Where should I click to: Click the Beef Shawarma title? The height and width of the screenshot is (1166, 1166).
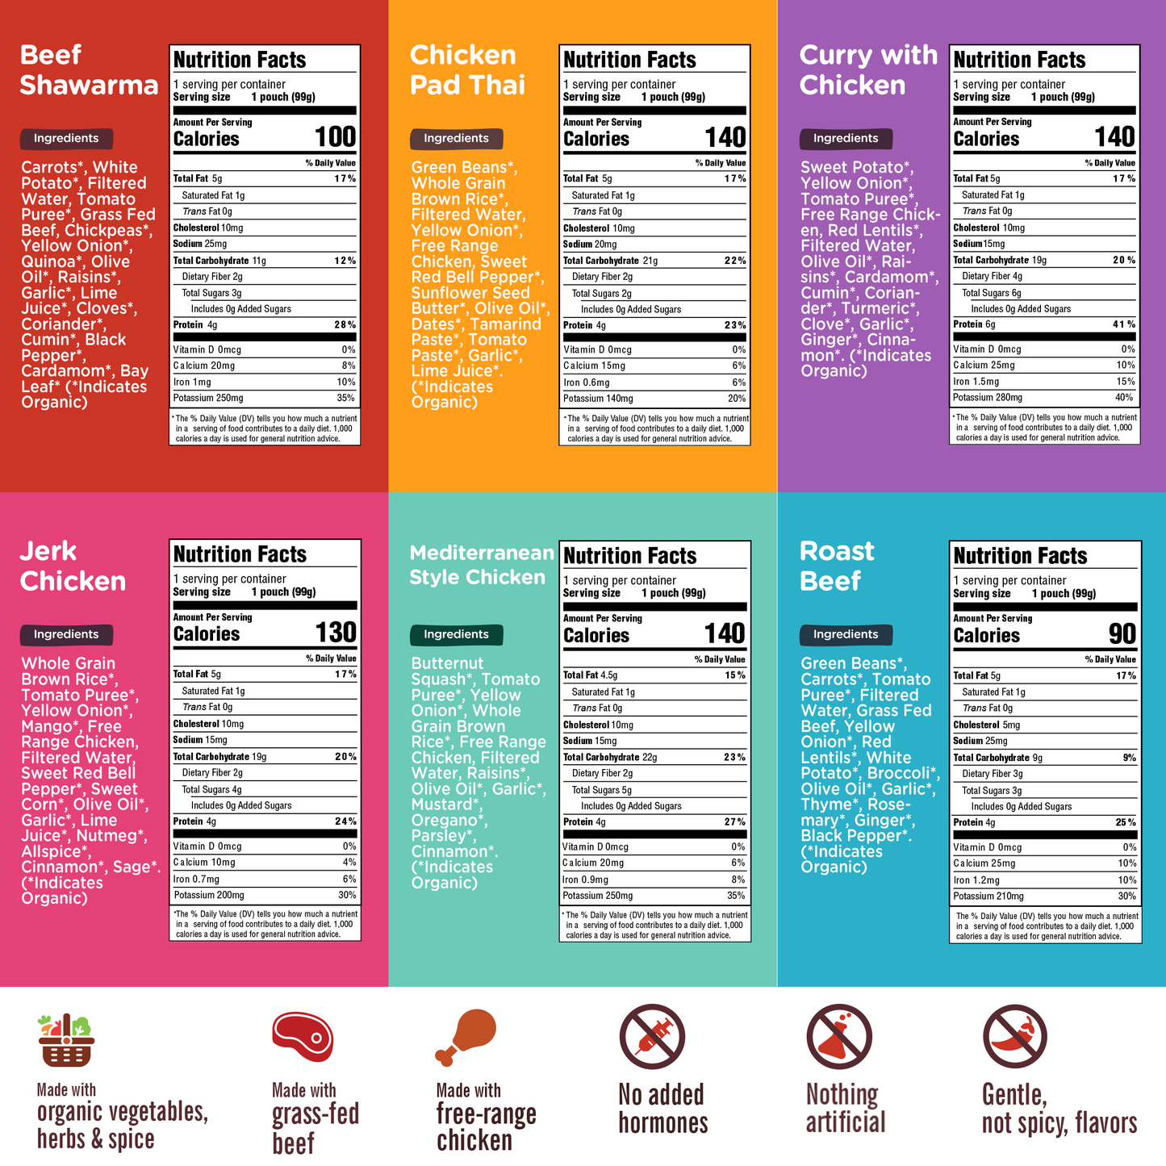(89, 70)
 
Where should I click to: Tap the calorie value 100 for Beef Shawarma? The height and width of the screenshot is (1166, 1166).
(335, 137)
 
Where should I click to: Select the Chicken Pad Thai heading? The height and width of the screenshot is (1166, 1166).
(467, 70)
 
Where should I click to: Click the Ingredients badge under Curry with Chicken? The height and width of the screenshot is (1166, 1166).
(846, 139)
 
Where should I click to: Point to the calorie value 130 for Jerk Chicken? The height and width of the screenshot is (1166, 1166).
(335, 633)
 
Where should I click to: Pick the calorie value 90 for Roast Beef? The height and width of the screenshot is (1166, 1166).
(1122, 634)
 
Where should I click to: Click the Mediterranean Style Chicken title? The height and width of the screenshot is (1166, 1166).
(481, 565)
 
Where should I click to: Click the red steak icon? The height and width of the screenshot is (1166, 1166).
(303, 1036)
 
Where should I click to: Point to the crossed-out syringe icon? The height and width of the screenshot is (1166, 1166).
(652, 1037)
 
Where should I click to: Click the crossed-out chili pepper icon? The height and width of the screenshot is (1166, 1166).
(1014, 1037)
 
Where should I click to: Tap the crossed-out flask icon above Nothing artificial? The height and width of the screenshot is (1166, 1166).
(839, 1037)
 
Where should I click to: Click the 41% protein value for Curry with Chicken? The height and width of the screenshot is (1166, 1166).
(1123, 324)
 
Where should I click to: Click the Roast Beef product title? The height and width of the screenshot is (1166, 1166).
(836, 566)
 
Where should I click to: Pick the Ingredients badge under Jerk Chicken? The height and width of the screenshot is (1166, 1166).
(66, 634)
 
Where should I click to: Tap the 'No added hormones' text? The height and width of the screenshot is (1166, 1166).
(662, 1109)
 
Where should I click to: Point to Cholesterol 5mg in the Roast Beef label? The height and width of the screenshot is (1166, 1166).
(986, 725)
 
